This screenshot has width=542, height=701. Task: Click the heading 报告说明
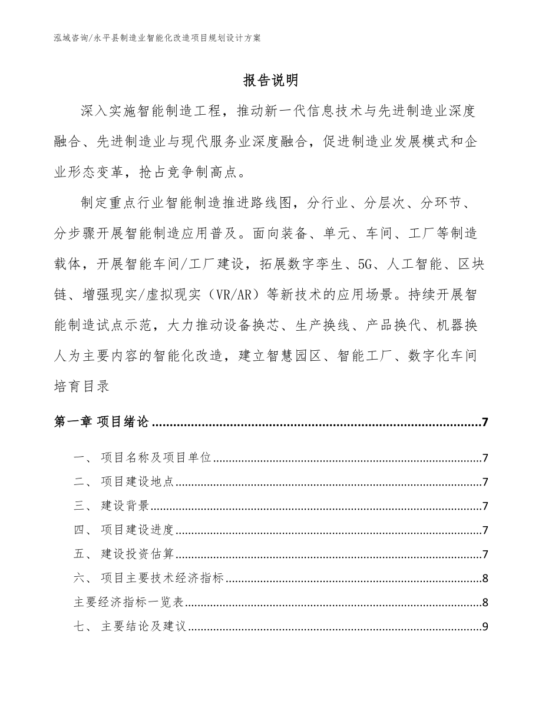tap(270, 81)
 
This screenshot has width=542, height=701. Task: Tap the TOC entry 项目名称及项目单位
tap(156, 458)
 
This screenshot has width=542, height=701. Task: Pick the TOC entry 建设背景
tap(125, 506)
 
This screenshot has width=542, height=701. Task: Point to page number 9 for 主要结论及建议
tap(484, 626)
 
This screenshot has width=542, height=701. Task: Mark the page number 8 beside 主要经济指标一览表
tap(484, 602)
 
